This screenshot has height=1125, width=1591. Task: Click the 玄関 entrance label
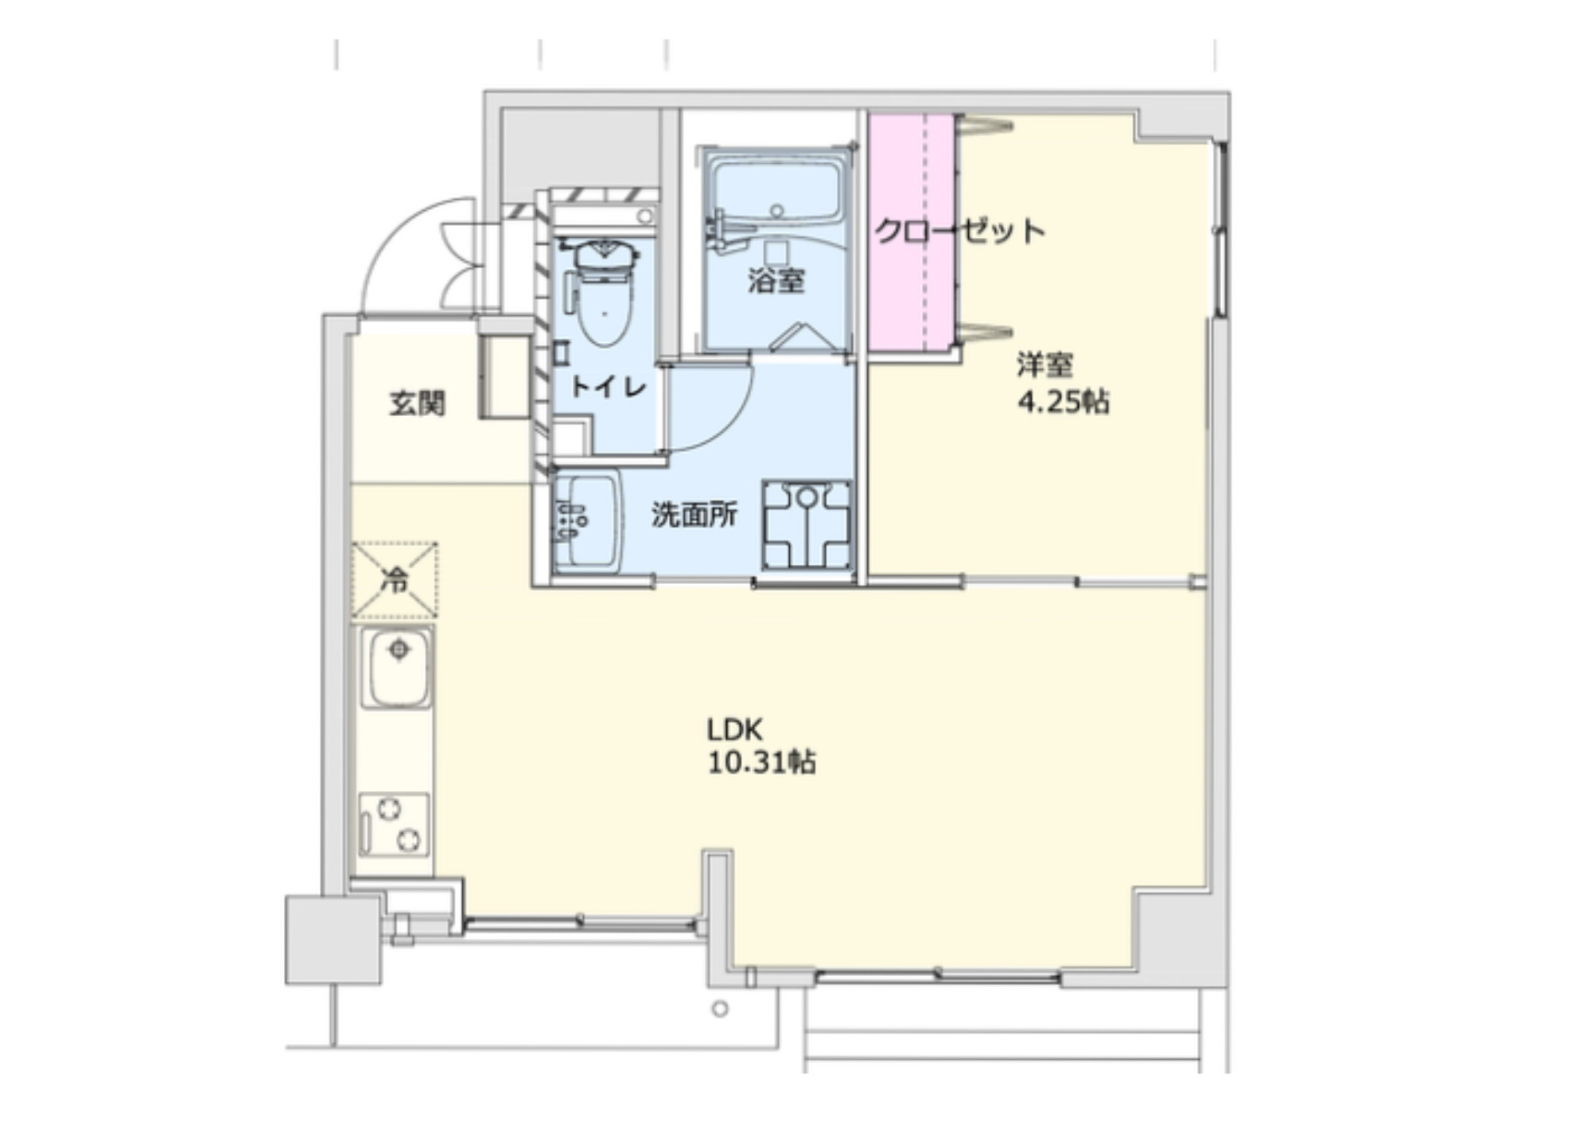tap(417, 403)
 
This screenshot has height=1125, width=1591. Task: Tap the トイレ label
tap(609, 387)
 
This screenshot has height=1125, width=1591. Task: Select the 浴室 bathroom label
tap(776, 280)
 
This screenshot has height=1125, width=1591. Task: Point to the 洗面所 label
tap(694, 515)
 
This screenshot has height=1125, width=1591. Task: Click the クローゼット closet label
tap(959, 231)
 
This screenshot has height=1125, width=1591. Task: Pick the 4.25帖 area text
tap(1064, 402)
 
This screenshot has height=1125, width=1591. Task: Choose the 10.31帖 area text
tap(761, 763)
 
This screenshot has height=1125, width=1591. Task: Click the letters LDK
tap(735, 730)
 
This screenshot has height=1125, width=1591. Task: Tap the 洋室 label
tap(1044, 365)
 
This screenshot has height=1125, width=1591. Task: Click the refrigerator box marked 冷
tap(395, 580)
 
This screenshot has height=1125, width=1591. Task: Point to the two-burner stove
tap(394, 824)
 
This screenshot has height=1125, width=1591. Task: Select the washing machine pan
tap(807, 524)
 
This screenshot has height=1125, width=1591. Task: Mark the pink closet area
tap(912, 232)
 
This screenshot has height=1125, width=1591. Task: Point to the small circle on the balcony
tap(721, 1010)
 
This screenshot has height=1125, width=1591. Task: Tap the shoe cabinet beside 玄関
tap(505, 376)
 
